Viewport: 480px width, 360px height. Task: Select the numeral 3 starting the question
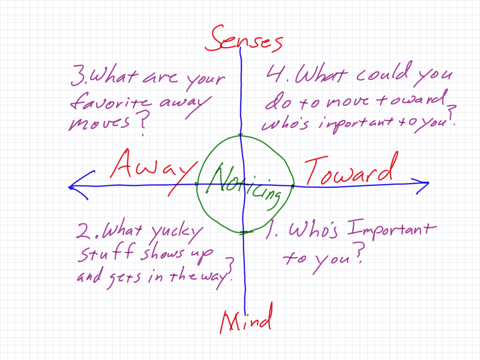[78, 76]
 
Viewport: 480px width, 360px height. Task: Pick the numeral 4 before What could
[274, 73]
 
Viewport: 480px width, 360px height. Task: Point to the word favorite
[110, 102]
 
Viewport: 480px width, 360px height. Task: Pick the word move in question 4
[347, 102]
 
